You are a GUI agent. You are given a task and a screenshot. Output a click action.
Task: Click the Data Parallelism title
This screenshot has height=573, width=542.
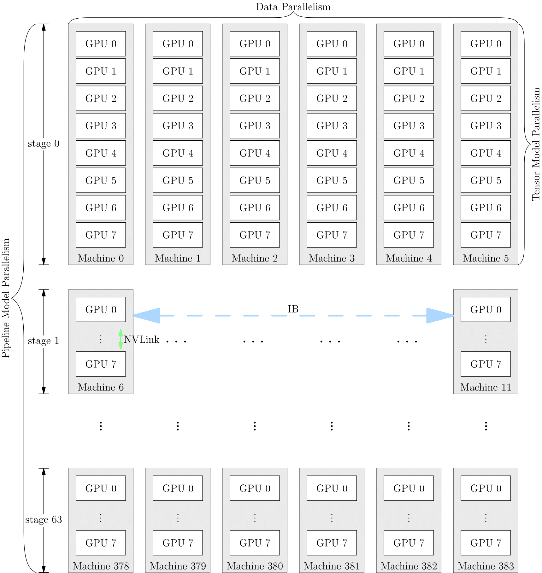(x=293, y=7)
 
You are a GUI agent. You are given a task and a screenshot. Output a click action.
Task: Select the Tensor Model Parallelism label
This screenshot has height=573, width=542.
(x=536, y=144)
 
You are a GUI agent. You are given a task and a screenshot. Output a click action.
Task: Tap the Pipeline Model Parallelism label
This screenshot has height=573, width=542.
(x=6, y=298)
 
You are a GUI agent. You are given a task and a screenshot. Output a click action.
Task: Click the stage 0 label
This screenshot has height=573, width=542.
(x=44, y=144)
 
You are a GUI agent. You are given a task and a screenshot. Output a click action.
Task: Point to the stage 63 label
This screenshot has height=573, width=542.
(x=44, y=519)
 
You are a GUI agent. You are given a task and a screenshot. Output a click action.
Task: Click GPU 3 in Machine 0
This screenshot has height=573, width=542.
(x=101, y=126)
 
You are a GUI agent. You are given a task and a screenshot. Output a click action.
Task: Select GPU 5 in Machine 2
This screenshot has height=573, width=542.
(x=255, y=180)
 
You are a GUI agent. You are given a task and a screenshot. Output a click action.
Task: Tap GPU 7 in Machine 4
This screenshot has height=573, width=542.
(x=409, y=235)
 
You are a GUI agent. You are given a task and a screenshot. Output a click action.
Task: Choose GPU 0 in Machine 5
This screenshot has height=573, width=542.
(x=486, y=44)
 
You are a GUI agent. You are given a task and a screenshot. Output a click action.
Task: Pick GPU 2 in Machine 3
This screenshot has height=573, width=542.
(x=332, y=98)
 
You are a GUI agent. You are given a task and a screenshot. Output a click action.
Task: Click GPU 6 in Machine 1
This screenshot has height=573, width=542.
(x=178, y=208)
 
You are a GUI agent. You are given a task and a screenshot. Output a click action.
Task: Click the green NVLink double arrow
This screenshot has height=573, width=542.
(x=121, y=339)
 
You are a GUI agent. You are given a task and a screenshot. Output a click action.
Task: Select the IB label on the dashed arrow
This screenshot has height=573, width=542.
(x=293, y=309)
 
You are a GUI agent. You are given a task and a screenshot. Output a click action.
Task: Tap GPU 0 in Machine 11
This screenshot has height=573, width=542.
(x=486, y=309)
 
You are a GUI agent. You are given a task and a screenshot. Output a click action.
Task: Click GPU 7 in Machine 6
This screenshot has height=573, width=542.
(x=101, y=364)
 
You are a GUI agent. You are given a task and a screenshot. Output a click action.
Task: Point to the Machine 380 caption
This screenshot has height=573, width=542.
(x=255, y=566)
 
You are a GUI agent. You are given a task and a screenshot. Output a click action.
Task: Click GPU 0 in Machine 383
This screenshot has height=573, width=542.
(x=486, y=488)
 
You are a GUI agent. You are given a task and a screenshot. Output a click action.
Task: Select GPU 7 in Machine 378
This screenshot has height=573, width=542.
(x=101, y=543)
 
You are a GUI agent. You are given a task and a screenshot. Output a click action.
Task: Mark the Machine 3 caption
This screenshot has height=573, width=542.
(x=332, y=258)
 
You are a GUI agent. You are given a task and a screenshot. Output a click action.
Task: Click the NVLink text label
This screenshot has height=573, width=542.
(x=142, y=340)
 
